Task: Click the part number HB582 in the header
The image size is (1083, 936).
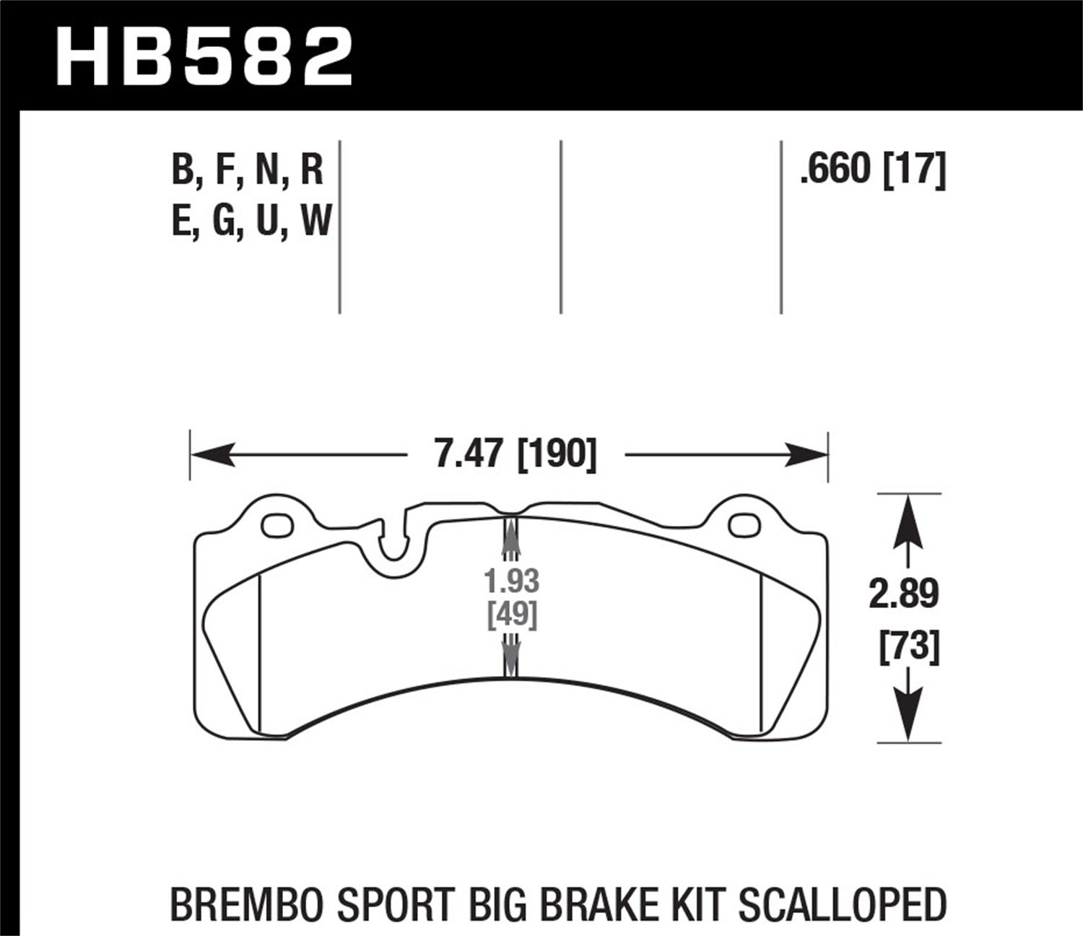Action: [204, 56]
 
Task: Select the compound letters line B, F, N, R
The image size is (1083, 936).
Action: [248, 172]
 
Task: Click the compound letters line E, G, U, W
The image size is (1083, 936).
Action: [251, 221]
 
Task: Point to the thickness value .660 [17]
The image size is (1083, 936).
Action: [871, 171]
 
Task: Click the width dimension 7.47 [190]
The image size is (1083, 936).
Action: [516, 456]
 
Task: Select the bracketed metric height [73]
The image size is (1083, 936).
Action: [909, 646]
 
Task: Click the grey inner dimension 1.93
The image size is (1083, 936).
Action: [511, 581]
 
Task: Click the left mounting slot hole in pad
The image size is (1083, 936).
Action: [277, 526]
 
